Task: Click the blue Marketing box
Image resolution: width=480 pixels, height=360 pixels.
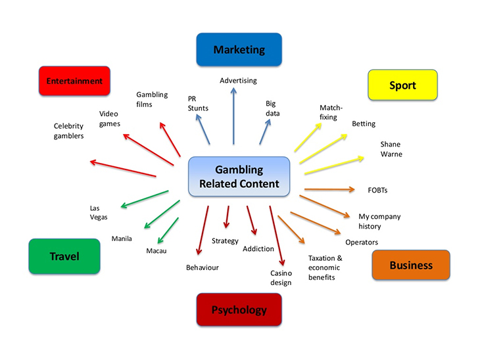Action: [239, 50]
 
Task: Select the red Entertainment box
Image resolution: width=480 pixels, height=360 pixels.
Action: [74, 81]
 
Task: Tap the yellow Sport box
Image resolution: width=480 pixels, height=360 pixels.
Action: [402, 85]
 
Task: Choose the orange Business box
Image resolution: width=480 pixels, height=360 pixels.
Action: [410, 265]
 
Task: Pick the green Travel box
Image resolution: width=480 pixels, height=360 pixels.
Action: [64, 256]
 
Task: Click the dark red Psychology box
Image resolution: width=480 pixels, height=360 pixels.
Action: [239, 309]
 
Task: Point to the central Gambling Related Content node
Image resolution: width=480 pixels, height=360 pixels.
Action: [239, 176]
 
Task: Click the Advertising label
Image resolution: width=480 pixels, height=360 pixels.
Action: [238, 81]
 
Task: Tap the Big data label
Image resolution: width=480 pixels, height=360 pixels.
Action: [272, 108]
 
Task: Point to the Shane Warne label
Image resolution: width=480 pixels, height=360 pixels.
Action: [391, 149]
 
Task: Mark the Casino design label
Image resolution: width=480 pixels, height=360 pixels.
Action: [281, 277]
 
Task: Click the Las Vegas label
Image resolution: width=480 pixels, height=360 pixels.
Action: [99, 212]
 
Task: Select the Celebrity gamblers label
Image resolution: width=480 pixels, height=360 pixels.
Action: [69, 131]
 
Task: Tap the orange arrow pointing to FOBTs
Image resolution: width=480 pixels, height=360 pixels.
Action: [329, 190]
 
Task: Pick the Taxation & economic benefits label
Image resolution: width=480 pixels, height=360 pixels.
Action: [325, 267]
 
